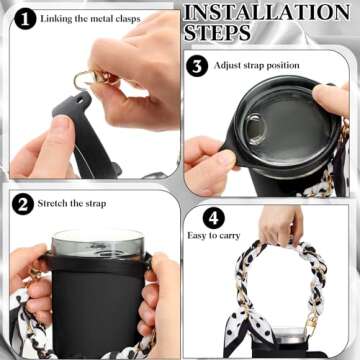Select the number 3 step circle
pos(198,66)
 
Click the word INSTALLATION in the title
pos(266,13)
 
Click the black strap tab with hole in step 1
pos(68,100)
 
